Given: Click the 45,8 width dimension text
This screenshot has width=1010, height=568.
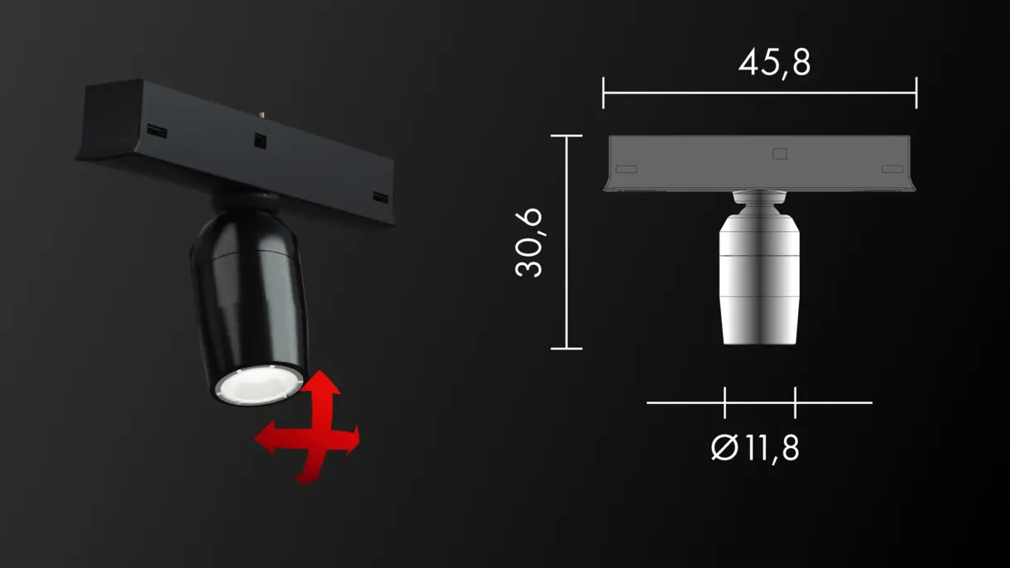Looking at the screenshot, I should [774, 62].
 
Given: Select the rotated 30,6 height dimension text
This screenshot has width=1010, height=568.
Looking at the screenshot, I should [529, 242].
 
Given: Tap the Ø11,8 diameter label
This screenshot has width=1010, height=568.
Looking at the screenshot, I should [755, 448].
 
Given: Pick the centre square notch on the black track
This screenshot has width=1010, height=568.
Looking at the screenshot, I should [259, 140].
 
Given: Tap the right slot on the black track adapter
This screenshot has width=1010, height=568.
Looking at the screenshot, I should [380, 198].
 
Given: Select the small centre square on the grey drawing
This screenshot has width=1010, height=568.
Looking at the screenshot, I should [778, 154].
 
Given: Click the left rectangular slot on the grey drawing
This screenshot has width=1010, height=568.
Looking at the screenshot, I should [627, 169].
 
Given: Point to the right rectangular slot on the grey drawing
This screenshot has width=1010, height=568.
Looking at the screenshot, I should [892, 169].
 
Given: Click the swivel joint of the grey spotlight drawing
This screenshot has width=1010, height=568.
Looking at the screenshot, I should [758, 200].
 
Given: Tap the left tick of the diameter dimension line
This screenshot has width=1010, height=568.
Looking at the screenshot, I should [724, 402].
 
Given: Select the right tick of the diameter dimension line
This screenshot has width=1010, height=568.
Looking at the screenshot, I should [795, 402].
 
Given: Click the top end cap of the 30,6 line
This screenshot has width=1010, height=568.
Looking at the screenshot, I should [567, 136].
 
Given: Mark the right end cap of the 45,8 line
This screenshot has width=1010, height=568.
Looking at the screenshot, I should [916, 93].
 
